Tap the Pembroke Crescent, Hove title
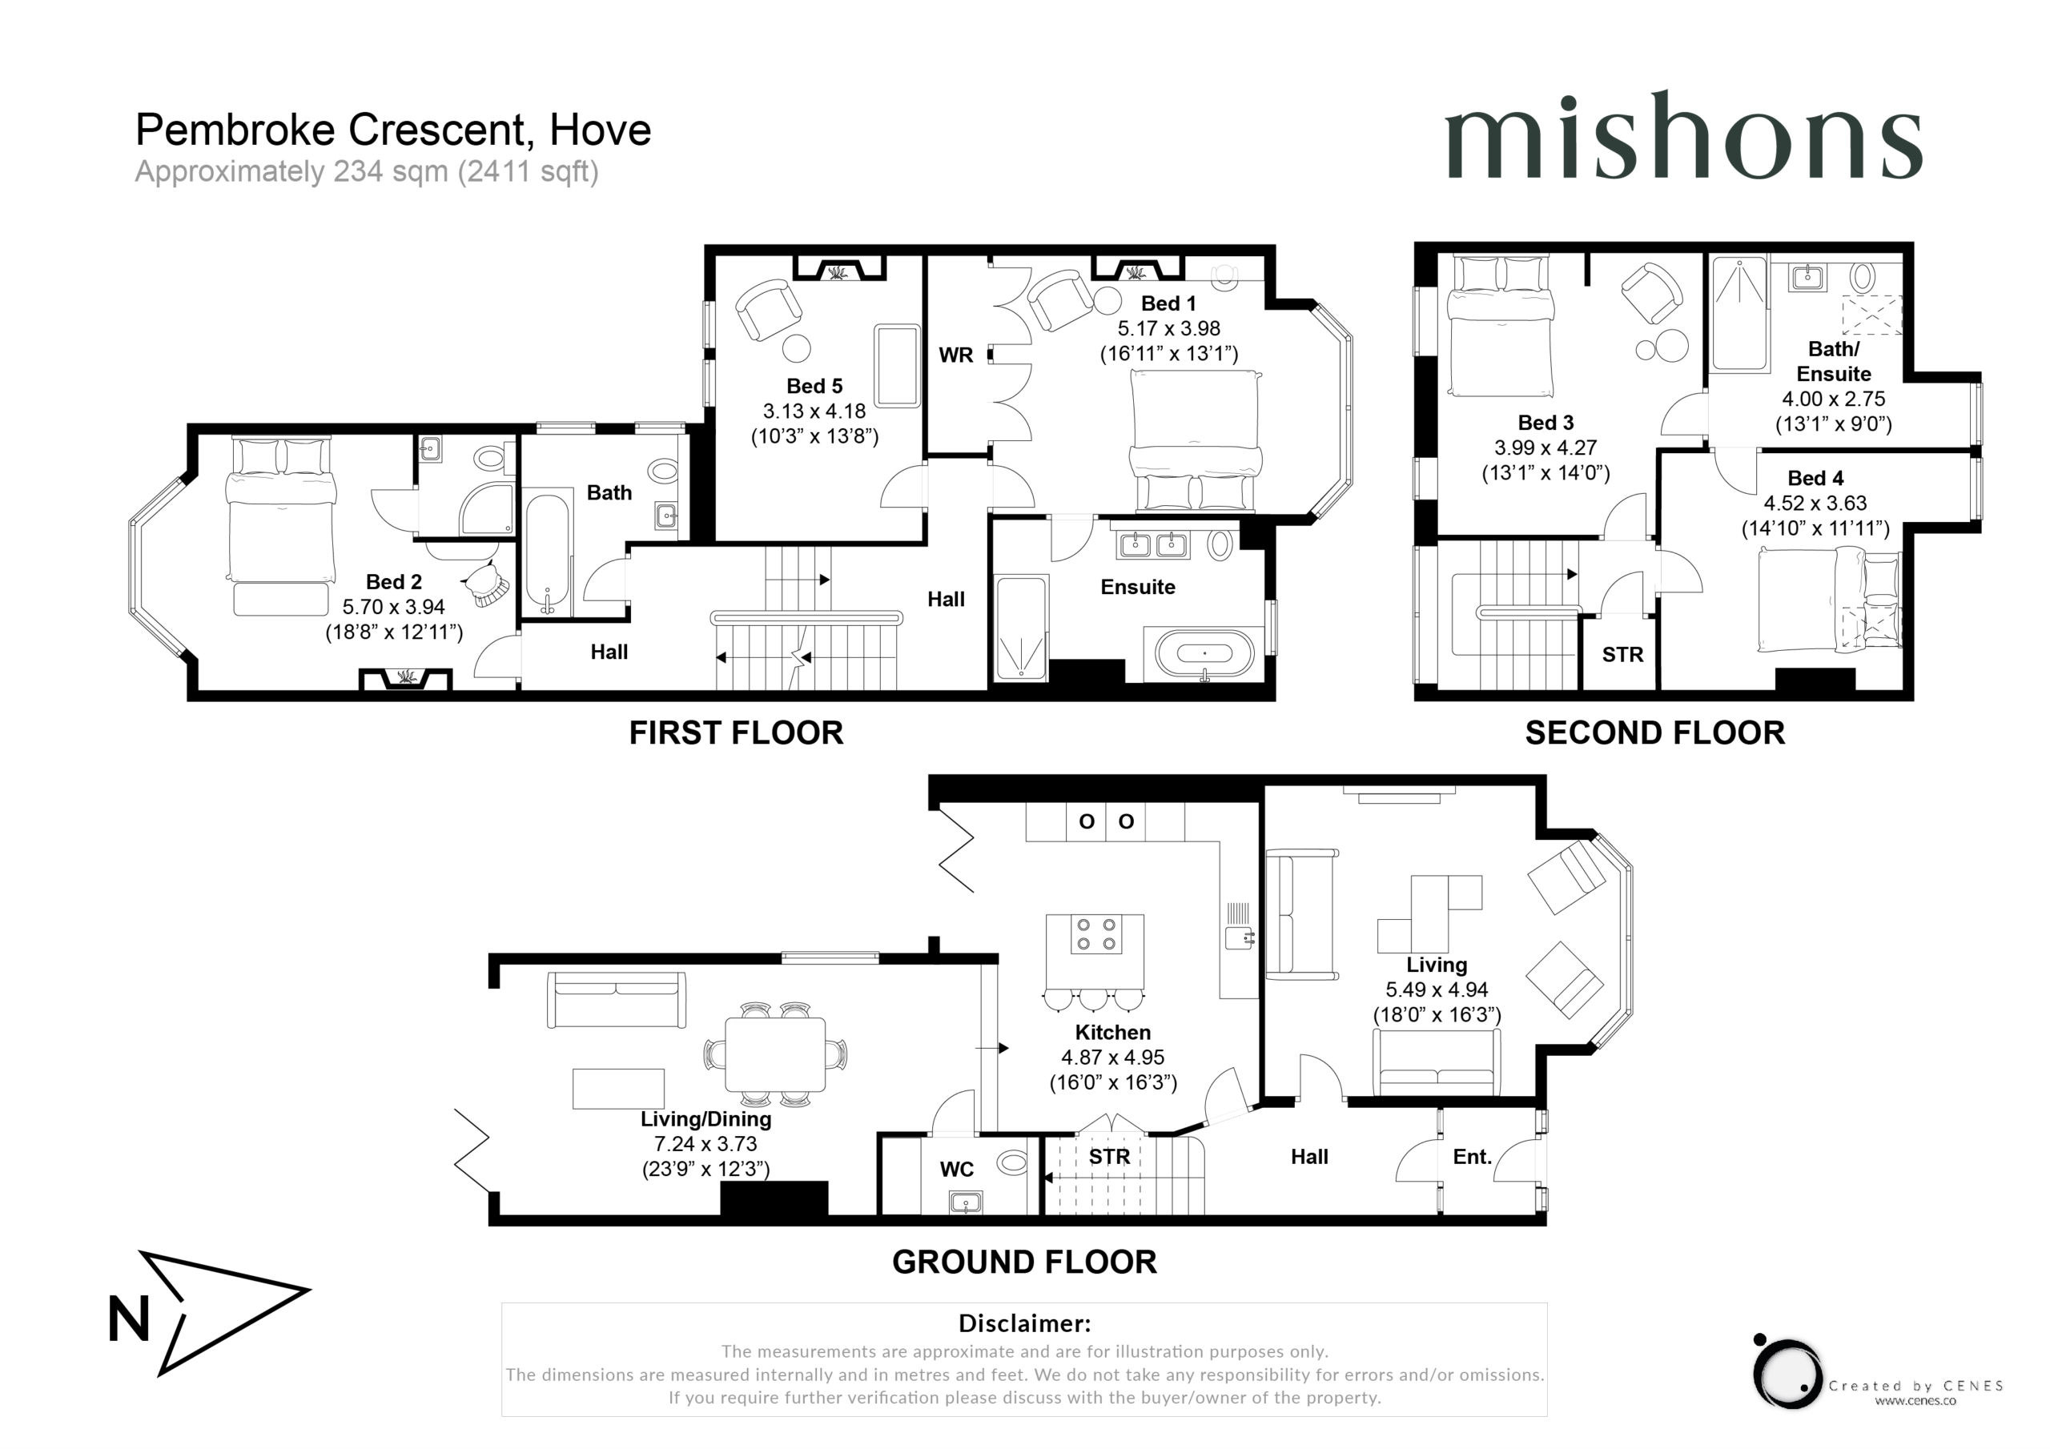(x=393, y=130)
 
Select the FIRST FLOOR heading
(x=736, y=733)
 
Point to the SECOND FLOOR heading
(x=1654, y=733)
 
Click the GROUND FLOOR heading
(x=1024, y=1262)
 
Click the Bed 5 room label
(x=814, y=386)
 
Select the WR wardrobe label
(x=955, y=355)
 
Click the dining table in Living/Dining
(x=775, y=1054)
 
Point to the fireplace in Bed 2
(x=405, y=679)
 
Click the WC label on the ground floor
(x=956, y=1170)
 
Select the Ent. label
(x=1473, y=1157)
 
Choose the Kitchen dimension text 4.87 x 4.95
(x=1112, y=1057)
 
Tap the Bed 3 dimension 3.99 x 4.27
(x=1546, y=448)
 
